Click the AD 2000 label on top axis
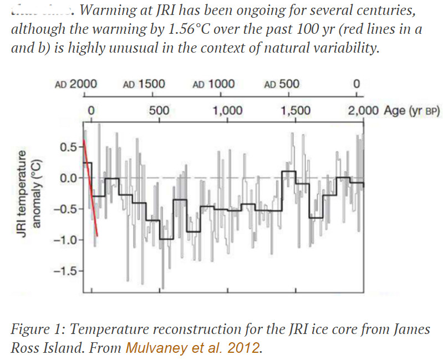coord(77,84)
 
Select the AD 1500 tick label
coord(144,84)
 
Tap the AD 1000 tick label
coord(213,84)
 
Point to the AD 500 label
coord(282,84)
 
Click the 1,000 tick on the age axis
coord(227,110)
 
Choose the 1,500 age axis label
coord(296,110)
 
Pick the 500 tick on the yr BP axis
coord(159,110)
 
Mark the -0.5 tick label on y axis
coord(70,209)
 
